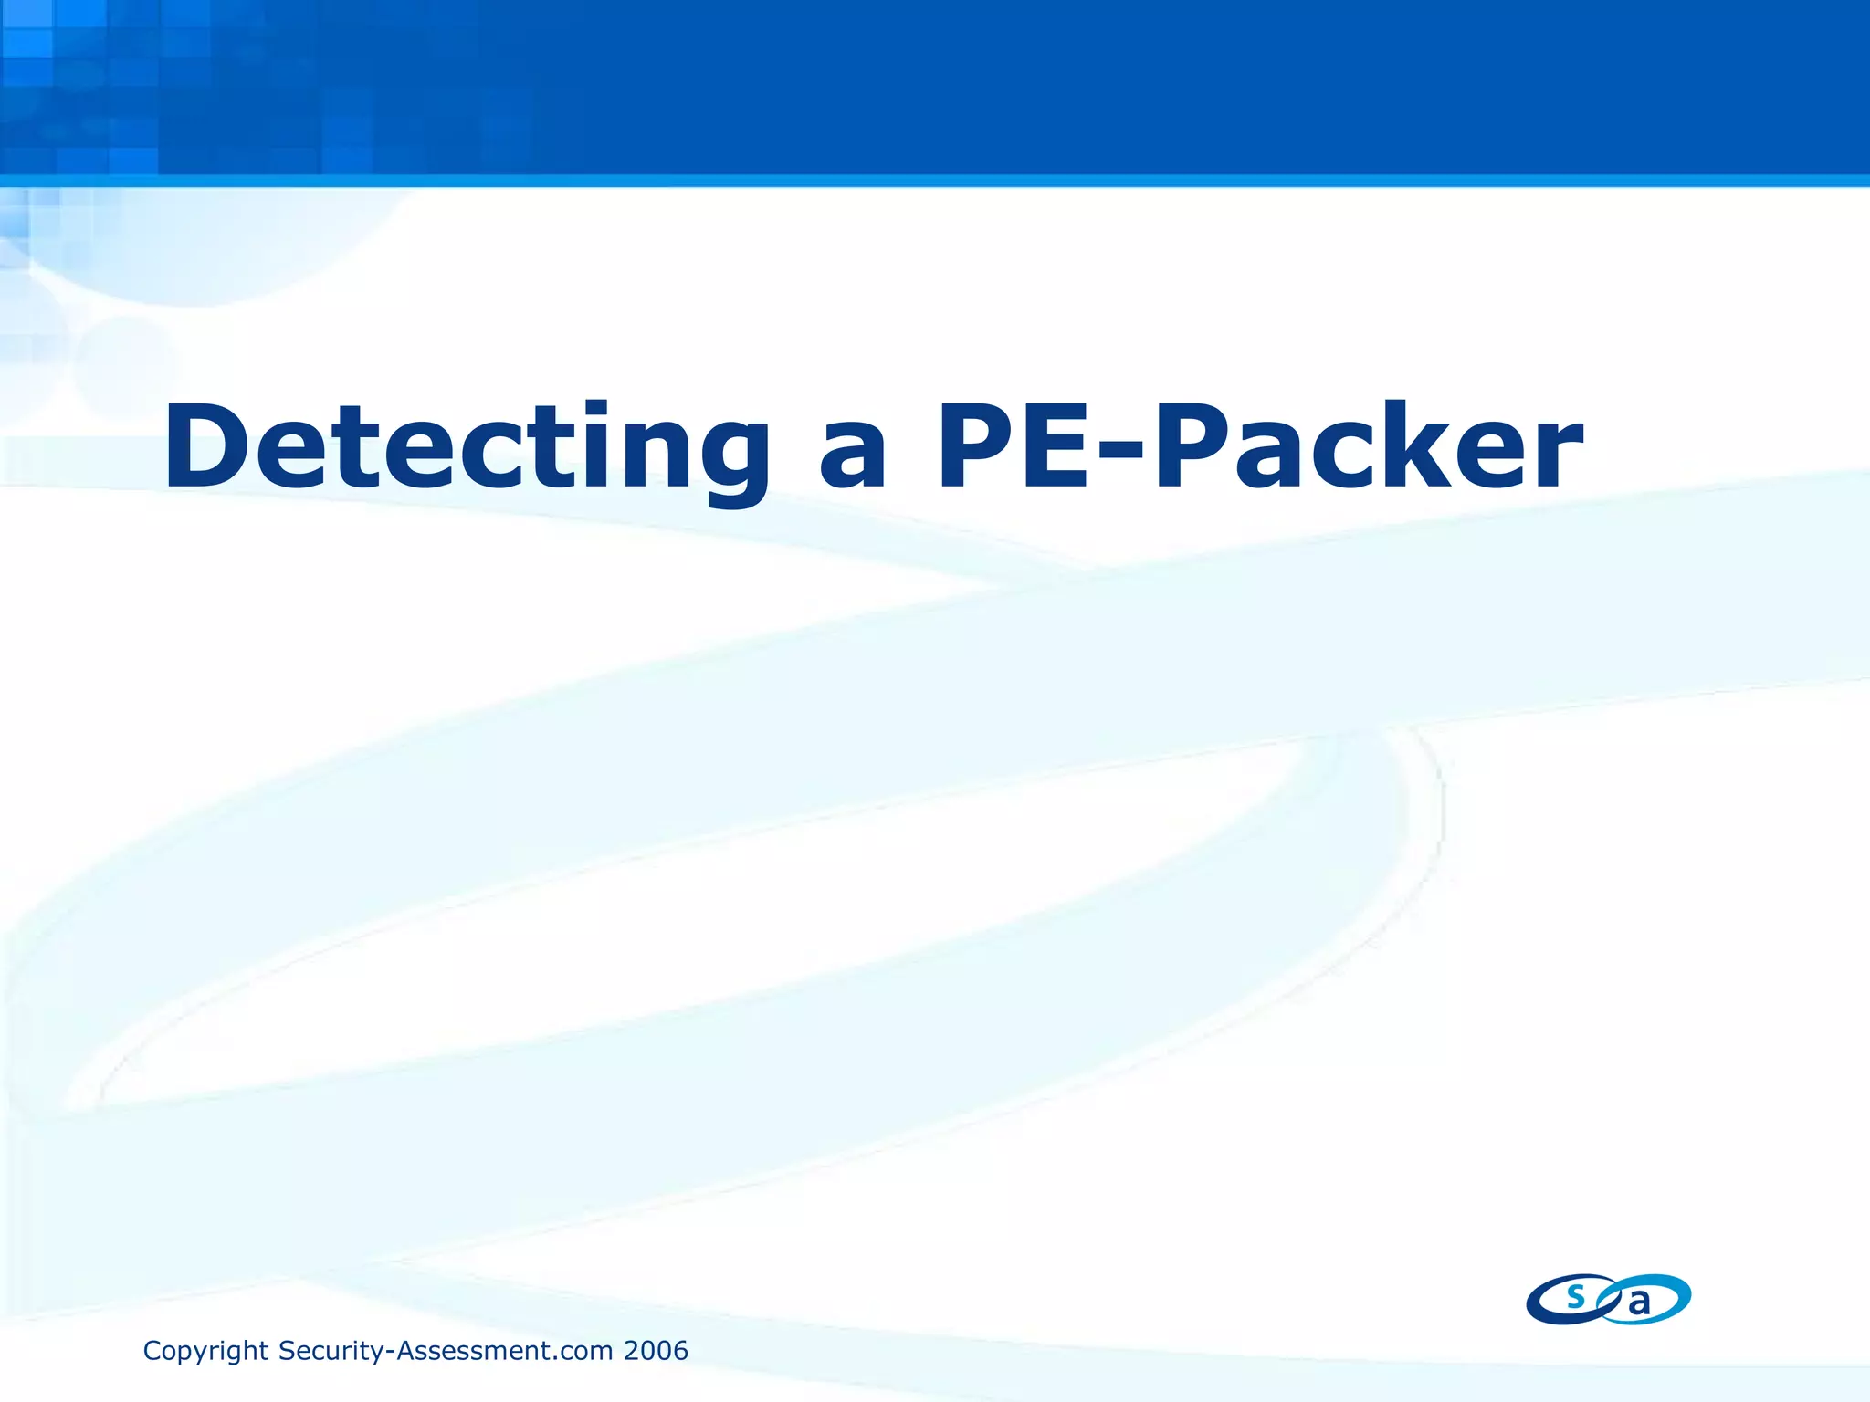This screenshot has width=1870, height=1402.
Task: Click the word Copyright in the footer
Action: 205,1351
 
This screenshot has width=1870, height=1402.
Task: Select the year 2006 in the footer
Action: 655,1351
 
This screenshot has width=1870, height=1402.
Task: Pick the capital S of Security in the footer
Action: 286,1351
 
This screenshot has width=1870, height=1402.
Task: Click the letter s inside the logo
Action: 1575,1296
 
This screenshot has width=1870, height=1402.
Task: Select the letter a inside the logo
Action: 1640,1303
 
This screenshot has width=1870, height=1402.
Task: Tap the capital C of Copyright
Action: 152,1351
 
